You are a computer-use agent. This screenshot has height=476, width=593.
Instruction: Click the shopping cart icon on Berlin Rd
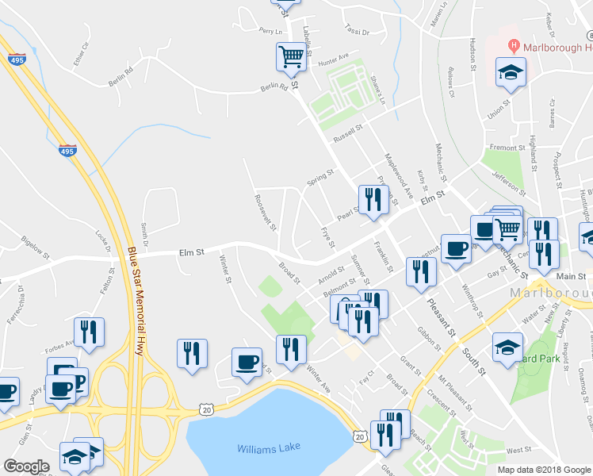coord(291,56)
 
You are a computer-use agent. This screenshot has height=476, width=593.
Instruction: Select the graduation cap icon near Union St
coord(511,73)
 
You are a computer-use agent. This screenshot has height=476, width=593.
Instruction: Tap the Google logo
coord(26,466)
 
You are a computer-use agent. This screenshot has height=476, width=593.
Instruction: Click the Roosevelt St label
coord(263,213)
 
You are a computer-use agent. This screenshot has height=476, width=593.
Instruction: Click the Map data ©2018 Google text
coord(543,470)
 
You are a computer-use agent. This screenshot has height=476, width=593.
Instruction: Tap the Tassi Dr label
coord(358,31)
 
